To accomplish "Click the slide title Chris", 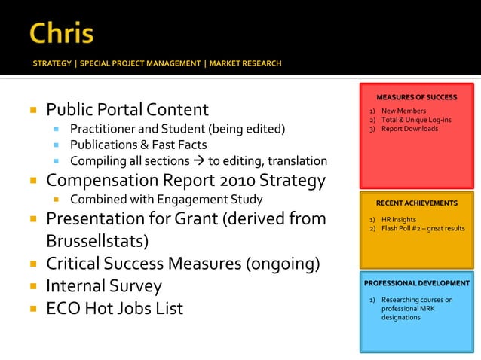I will coord(62,33).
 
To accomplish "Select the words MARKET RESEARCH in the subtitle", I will coord(247,63).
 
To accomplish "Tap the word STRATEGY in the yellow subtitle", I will coord(53,63).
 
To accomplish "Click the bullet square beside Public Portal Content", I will coord(33,110).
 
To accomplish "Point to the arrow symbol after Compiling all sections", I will coord(201,161).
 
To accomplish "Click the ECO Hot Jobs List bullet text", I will coord(115,309).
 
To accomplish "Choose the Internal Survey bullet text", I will coord(104,286).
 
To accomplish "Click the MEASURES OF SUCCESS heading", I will coord(416,97).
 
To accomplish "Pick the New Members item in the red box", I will coord(403,111).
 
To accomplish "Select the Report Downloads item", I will coord(409,129).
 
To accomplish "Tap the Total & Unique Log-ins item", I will coord(416,120).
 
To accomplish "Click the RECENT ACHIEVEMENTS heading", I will coord(416,203).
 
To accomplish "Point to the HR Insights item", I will coord(398,219).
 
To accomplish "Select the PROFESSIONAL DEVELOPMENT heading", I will coord(416,283).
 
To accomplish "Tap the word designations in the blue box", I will coord(400,318).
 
